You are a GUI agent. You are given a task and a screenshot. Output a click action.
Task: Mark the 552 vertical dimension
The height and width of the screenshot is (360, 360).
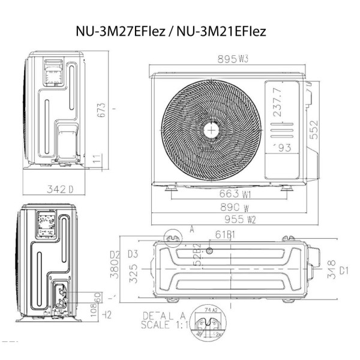click(x=314, y=129)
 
